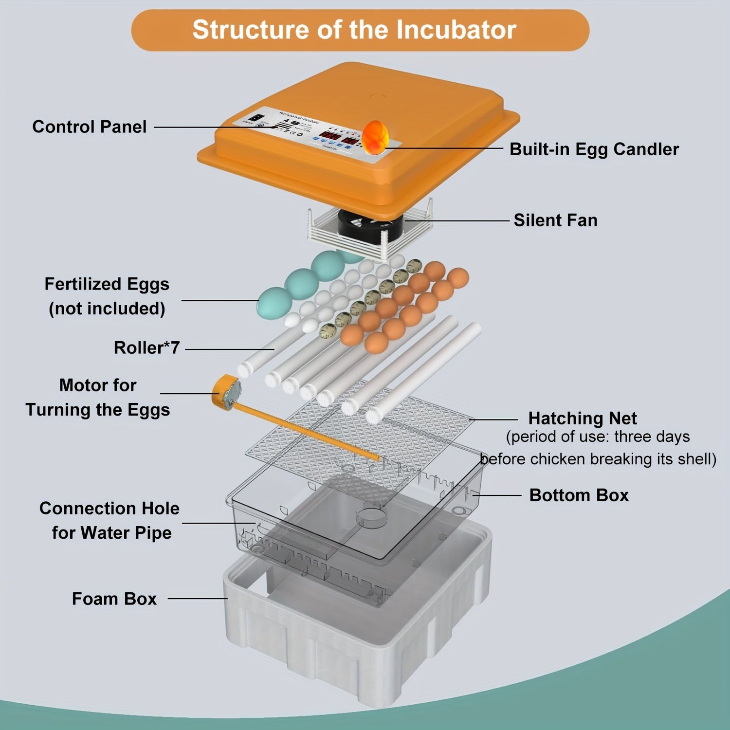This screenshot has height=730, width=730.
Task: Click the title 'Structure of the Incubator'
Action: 354,30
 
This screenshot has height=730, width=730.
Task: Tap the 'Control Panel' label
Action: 90,127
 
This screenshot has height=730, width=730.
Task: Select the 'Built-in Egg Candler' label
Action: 594,149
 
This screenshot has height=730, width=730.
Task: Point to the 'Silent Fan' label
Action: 555,220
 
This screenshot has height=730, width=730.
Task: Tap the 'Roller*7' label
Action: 146,348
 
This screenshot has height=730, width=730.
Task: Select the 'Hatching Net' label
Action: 582,419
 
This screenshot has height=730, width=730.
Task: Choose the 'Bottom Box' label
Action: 579,495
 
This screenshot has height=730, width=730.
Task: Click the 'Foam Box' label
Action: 114,599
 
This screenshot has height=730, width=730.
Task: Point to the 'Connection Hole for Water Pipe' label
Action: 110,520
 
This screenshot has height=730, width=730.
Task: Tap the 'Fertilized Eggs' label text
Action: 107,284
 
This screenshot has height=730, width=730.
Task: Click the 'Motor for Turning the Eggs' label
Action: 98,397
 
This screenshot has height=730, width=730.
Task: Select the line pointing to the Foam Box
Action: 197,599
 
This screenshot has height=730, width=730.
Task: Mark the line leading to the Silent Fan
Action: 457,220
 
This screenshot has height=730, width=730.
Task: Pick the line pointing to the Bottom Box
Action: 499,495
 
